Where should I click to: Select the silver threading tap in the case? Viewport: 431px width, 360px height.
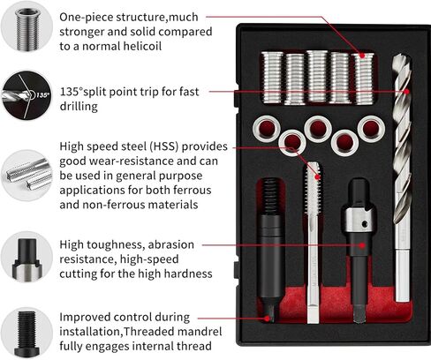tap(312, 238)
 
